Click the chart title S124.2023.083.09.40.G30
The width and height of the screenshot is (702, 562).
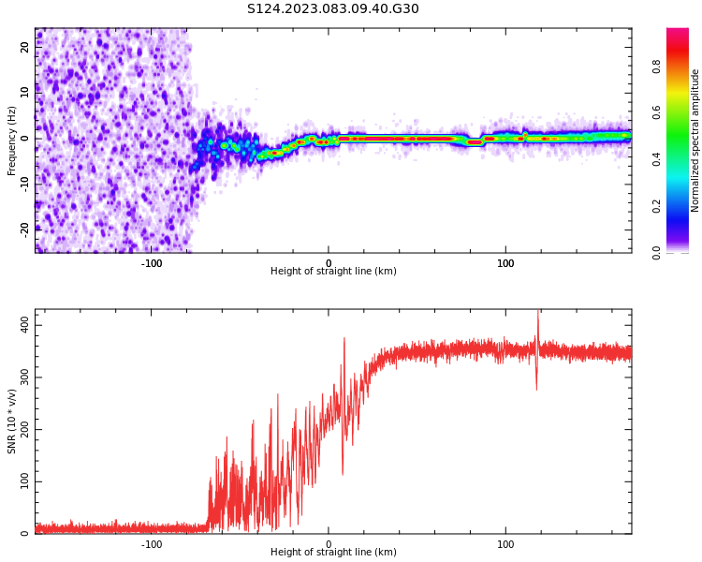click(x=333, y=9)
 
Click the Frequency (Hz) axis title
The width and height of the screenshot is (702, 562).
click(x=12, y=140)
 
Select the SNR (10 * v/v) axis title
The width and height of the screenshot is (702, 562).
click(x=12, y=421)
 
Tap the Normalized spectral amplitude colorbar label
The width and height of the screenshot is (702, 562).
click(x=695, y=140)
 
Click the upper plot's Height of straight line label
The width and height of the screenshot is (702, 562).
click(x=333, y=271)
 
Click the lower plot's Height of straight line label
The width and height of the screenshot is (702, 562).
click(x=333, y=552)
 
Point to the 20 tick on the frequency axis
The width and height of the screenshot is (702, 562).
click(x=25, y=48)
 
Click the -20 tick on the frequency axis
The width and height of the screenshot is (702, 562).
click(x=25, y=228)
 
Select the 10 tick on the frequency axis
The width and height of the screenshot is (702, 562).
click(x=25, y=93)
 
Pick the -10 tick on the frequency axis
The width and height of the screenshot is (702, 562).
click(x=25, y=183)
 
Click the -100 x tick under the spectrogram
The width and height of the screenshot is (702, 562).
click(x=152, y=262)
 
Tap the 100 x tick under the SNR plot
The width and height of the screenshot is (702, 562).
click(x=505, y=543)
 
